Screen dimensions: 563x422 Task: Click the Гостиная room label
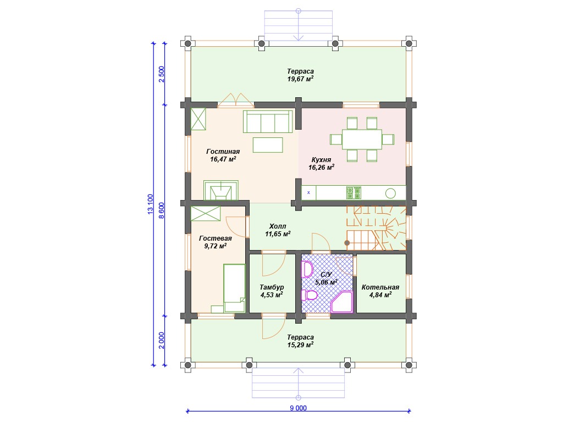pyautogui.click(x=223, y=152)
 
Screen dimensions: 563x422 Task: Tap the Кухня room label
pyautogui.click(x=321, y=160)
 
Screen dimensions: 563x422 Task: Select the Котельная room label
pyautogui.click(x=380, y=287)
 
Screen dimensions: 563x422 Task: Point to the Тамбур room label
pyautogui.click(x=272, y=287)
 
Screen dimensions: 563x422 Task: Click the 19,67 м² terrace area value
pyautogui.click(x=300, y=79)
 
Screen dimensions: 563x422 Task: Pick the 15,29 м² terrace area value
pyautogui.click(x=300, y=345)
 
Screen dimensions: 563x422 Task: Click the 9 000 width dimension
pyautogui.click(x=299, y=408)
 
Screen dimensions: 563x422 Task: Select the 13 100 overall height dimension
pyautogui.click(x=151, y=204)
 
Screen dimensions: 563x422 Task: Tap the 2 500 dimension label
pyautogui.click(x=162, y=74)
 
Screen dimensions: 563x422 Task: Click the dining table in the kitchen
pyautogui.click(x=362, y=139)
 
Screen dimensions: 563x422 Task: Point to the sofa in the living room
pyautogui.click(x=268, y=121)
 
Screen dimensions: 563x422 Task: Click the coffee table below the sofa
pyautogui.click(x=268, y=145)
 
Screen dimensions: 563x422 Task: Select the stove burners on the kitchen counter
pyautogui.click(x=354, y=193)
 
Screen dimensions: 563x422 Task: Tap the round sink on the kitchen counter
pyautogui.click(x=390, y=193)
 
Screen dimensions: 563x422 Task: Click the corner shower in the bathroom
pyautogui.click(x=341, y=302)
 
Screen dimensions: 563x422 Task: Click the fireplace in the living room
pyautogui.click(x=221, y=190)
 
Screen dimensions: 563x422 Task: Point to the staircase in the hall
pyautogui.click(x=376, y=228)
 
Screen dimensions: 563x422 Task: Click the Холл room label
pyautogui.click(x=278, y=226)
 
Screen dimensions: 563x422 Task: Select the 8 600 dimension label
pyautogui.click(x=162, y=210)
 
